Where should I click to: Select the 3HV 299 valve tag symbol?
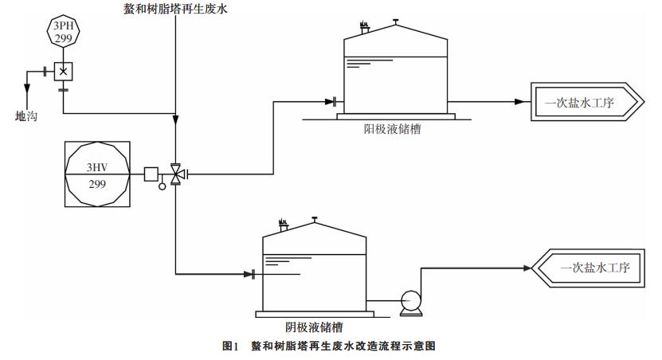tap(99, 174)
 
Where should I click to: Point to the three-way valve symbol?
tap(176, 173)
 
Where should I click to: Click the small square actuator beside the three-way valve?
tap(151, 173)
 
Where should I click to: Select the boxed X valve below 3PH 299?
tap(63, 71)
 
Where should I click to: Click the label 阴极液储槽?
tap(315, 327)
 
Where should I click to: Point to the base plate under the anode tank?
tap(379, 116)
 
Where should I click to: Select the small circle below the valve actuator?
tap(163, 186)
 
